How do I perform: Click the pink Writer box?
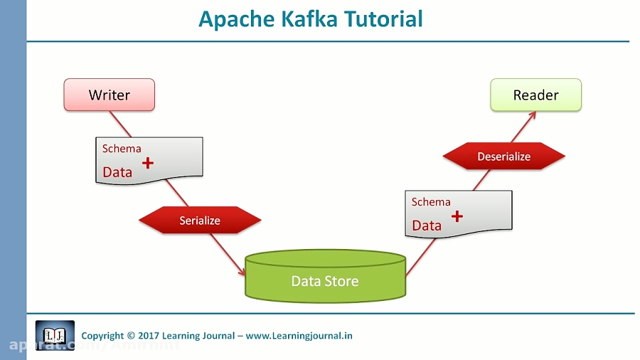click(109, 95)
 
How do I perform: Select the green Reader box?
click(535, 95)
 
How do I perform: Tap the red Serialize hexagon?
click(200, 221)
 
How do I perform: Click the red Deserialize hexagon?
click(503, 157)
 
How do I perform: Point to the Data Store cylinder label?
click(325, 281)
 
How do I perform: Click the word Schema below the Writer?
click(122, 149)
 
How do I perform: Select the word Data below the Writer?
click(117, 171)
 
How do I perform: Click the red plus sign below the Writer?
click(148, 163)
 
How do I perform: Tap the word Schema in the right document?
click(431, 202)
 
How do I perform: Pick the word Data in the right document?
click(427, 226)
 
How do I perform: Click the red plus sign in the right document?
click(457, 216)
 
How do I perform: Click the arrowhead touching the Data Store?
click(242, 272)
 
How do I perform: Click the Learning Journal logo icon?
click(55, 335)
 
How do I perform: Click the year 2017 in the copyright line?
click(149, 336)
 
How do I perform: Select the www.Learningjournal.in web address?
click(299, 336)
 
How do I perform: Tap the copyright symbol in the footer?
click(130, 336)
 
